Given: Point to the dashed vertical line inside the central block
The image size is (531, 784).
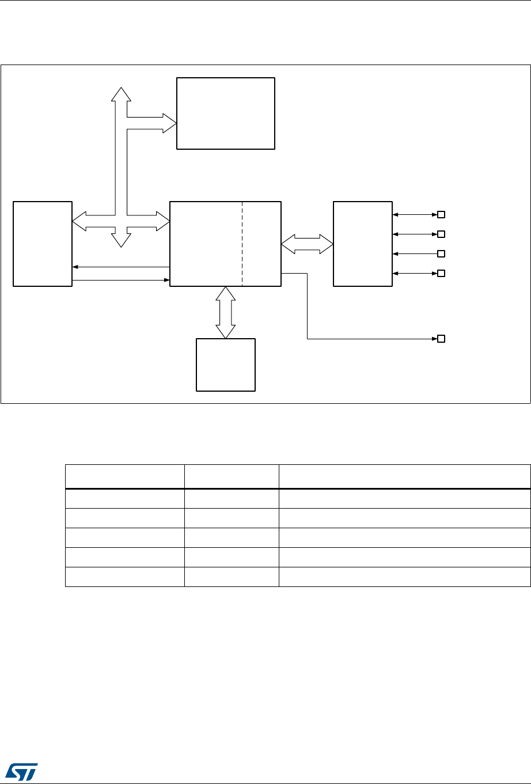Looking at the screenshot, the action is pos(242,243).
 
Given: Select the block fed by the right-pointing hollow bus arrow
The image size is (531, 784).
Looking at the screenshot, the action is pos(225,113).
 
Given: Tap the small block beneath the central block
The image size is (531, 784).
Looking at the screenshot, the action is pos(226,365).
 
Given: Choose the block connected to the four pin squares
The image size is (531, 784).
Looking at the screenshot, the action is pos(363,243).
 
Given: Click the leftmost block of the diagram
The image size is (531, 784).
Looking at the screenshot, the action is pos(43,243).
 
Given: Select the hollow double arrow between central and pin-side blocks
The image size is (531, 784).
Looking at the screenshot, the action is pos(308,244).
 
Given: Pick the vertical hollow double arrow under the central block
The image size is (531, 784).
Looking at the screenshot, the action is pos(226,312).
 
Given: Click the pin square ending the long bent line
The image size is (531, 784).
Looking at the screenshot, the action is pos(441,338).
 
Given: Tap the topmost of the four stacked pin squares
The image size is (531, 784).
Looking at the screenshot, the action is pos(441,215).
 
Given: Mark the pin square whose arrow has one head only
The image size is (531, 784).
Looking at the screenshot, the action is pos(441,253).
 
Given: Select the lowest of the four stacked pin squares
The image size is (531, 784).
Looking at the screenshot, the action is pos(441,273).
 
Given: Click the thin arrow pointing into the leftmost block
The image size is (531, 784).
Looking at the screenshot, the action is pos(121,267).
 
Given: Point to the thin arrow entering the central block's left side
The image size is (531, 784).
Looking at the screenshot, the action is pos(121,281).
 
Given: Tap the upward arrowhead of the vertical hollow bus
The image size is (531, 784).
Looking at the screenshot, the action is pos(121,94).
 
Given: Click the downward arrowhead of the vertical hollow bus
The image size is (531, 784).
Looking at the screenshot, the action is pos(121,240).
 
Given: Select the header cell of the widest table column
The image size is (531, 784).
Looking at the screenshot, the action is pos(404,476).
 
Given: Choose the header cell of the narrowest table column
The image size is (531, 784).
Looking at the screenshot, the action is pos(232,476).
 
